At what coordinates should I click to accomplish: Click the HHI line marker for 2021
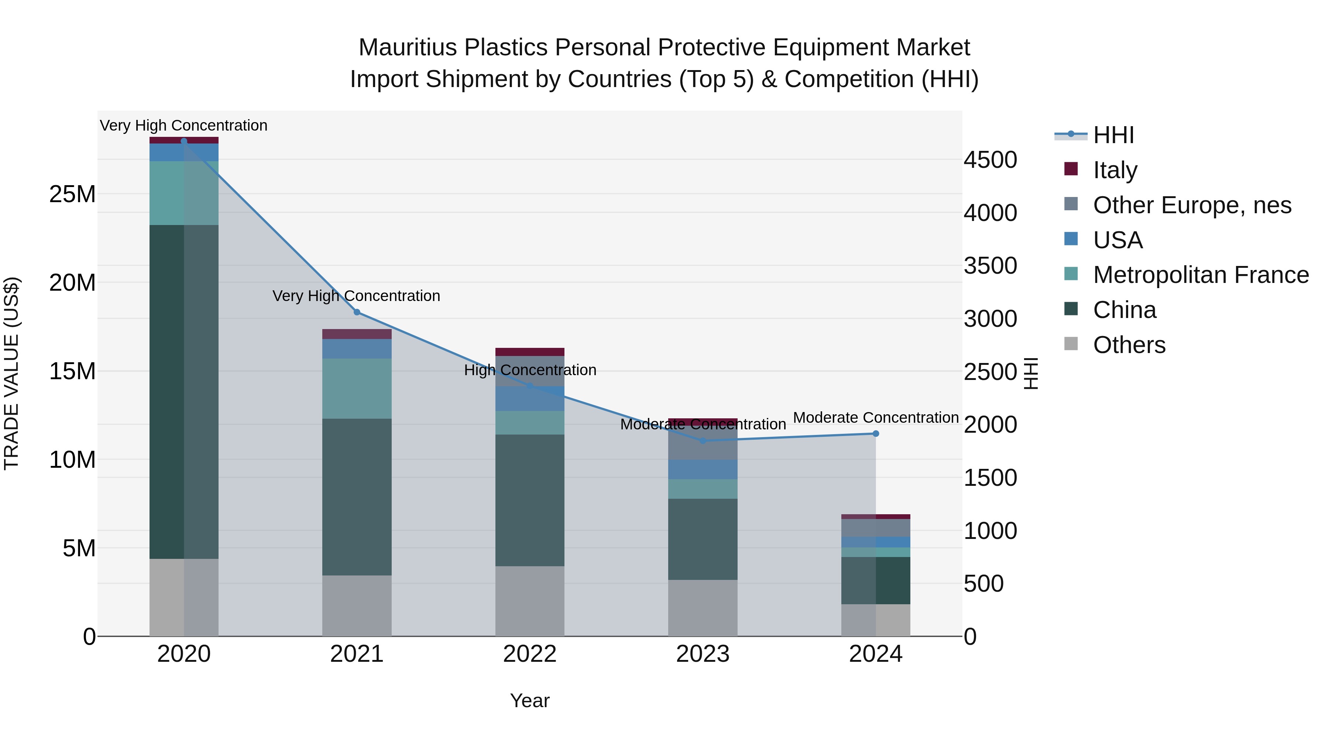coord(357,312)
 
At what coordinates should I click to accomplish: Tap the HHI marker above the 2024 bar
coord(876,433)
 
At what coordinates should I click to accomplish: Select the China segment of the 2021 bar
coord(357,497)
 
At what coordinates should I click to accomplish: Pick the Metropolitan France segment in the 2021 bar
coord(357,388)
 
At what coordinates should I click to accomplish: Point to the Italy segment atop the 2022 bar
coord(529,352)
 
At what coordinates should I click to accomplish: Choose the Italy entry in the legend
coord(1115,170)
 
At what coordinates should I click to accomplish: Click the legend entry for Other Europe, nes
coord(1192,205)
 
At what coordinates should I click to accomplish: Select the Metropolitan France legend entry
coord(1200,275)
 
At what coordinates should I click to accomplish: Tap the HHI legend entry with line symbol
coord(1113,135)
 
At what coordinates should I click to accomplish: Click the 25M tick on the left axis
coord(72,194)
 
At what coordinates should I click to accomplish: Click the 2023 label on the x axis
coord(702,654)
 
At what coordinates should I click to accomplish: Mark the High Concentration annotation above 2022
coord(530,370)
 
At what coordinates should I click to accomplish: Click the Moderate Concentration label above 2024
coord(876,418)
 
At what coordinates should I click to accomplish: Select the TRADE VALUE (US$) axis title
coord(11,373)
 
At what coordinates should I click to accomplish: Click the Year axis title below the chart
coord(529,701)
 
